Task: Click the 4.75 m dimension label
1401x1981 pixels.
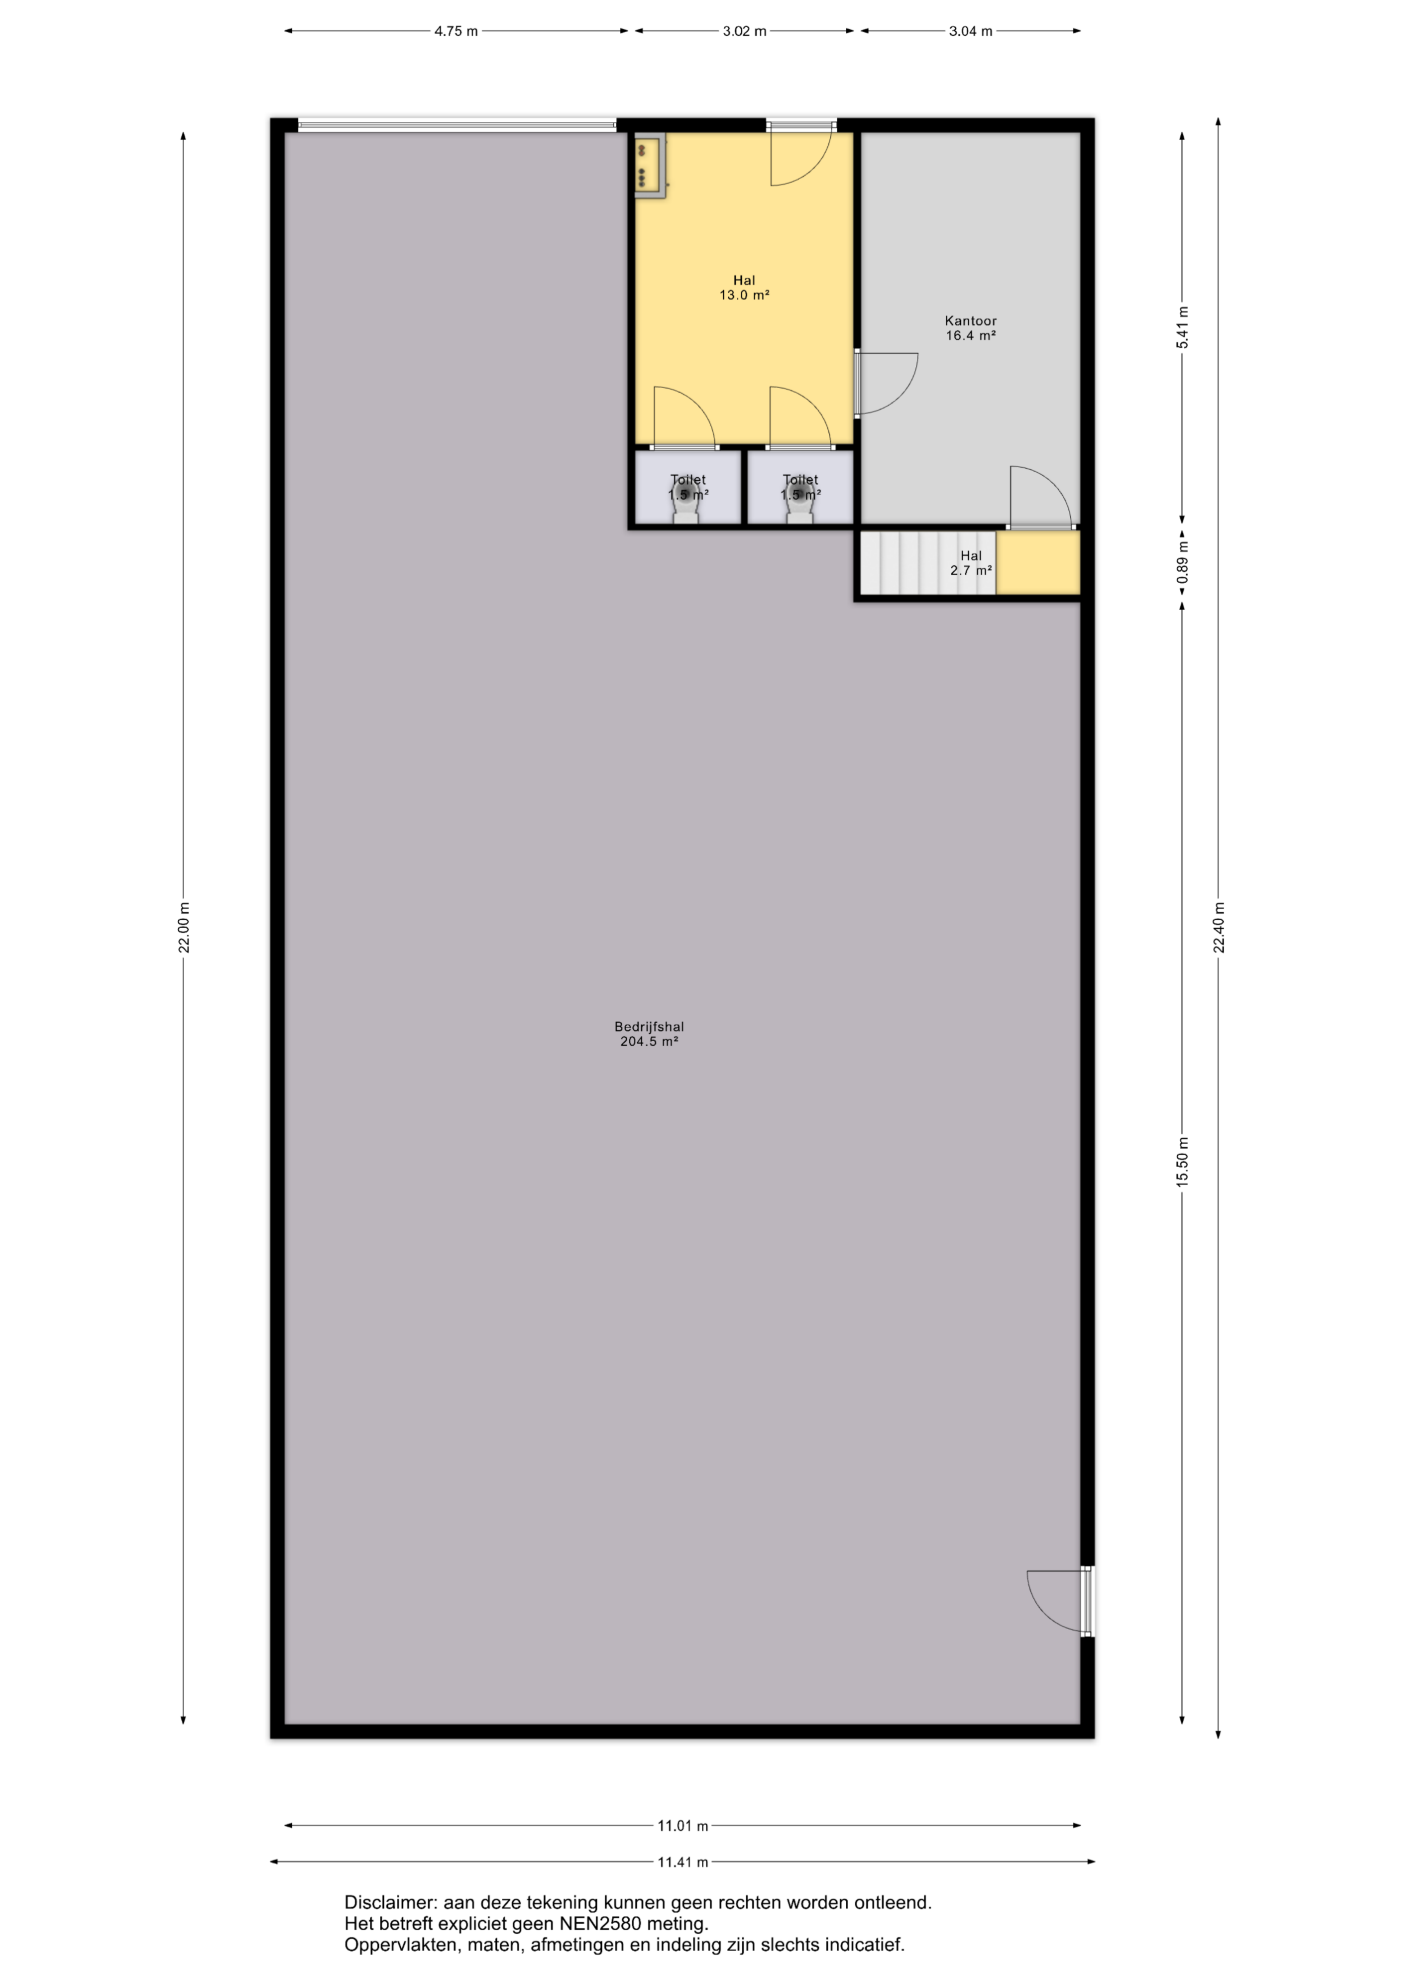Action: [x=455, y=31]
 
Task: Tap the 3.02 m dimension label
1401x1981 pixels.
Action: [x=745, y=31]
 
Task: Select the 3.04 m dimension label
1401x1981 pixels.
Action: [x=970, y=31]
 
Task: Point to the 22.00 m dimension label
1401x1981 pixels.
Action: [x=184, y=928]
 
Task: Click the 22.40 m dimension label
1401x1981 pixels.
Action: [x=1219, y=928]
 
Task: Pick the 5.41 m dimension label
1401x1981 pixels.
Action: [x=1183, y=328]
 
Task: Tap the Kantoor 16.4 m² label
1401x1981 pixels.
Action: [x=970, y=328]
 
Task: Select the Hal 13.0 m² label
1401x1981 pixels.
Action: [x=744, y=287]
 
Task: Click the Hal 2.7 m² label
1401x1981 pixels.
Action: [x=970, y=563]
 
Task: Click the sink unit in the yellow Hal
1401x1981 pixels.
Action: [x=650, y=166]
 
